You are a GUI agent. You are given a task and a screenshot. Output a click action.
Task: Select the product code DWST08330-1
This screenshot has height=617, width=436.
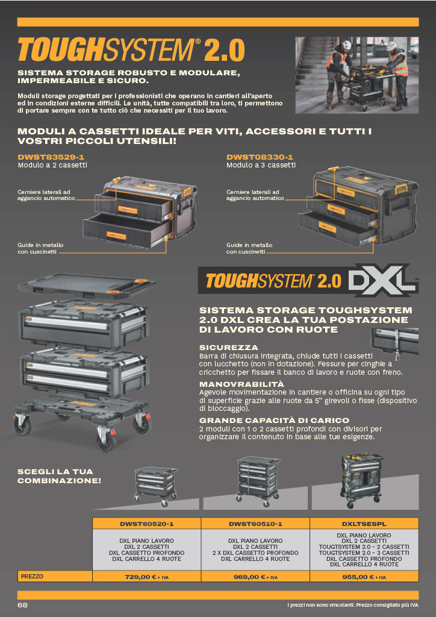[260, 157]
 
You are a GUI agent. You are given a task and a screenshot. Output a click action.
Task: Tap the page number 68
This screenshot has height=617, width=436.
[22, 605]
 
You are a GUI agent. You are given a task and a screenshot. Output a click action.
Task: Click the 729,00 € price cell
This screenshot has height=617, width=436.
[147, 577]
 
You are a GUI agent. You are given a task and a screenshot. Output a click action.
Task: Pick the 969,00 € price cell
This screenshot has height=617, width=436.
[255, 577]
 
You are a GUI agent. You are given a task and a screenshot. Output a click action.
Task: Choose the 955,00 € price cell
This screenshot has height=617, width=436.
[364, 577]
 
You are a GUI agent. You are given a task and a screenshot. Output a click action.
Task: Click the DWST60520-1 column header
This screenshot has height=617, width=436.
[147, 524]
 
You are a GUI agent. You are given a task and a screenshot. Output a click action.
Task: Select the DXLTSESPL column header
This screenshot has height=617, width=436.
[364, 524]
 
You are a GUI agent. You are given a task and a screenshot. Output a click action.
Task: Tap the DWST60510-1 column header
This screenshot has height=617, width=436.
[255, 524]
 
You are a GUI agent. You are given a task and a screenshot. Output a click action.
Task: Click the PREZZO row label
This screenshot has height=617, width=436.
[33, 577]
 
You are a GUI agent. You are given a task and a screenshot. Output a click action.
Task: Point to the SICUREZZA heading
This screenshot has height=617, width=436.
[228, 348]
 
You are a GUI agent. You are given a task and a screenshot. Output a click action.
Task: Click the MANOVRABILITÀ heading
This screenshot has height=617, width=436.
[241, 384]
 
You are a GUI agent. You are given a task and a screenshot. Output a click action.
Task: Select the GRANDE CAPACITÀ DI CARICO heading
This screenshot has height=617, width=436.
[274, 420]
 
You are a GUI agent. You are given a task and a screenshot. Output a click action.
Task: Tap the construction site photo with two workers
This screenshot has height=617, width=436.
[357, 75]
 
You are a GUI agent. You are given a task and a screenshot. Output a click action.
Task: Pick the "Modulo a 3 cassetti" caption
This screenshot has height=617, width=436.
[261, 165]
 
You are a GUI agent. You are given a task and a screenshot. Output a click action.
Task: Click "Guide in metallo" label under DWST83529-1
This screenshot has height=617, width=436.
[40, 245]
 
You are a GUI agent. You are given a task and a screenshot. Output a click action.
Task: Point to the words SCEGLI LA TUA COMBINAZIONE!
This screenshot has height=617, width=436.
[59, 476]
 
